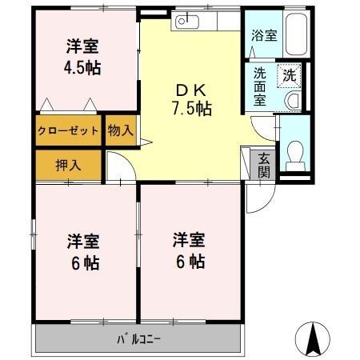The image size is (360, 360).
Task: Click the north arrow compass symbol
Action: point(312,339)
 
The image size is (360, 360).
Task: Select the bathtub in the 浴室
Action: point(297,34)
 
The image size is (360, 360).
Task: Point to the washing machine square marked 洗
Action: point(290,75)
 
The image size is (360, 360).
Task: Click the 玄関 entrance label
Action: point(263,166)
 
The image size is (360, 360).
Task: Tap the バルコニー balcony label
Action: point(138,339)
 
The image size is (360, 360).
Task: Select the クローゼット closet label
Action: point(68,130)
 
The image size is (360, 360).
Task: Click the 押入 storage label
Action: point(68,165)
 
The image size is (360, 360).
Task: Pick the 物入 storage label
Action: point(121,130)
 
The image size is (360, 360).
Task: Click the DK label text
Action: point(191,90)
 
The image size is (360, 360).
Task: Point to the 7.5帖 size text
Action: point(192,109)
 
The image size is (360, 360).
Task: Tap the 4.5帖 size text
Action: point(82,68)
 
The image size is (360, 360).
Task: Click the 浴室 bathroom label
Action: point(264,35)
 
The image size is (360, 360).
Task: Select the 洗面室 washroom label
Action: point(259,86)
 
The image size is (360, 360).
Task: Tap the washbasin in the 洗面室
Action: point(293,101)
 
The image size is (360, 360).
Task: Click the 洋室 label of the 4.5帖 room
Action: point(82,46)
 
